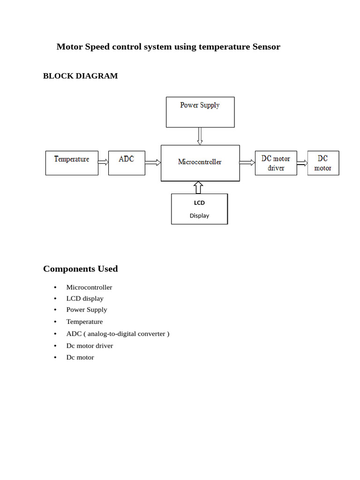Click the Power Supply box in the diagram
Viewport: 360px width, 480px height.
pyautogui.click(x=200, y=112)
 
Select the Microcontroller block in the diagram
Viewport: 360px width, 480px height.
pyautogui.click(x=200, y=163)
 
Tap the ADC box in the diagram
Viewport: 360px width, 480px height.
pyautogui.click(x=127, y=163)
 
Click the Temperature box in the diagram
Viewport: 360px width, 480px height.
pyautogui.click(x=72, y=163)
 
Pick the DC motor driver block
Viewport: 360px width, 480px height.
pyautogui.click(x=276, y=163)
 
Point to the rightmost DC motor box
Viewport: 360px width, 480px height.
pyautogui.click(x=323, y=163)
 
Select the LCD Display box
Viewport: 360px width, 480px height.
pyautogui.click(x=199, y=209)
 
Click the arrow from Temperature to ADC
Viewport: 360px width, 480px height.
pyautogui.click(x=103, y=162)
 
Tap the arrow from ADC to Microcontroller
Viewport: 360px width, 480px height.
pyautogui.click(x=153, y=163)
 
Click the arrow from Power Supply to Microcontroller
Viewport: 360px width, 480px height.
pyautogui.click(x=200, y=136)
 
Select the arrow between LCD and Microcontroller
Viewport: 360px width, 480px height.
pyautogui.click(x=198, y=187)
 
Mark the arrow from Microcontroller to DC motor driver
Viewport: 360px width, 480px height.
pyautogui.click(x=247, y=163)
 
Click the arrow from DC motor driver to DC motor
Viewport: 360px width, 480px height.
pyautogui.click(x=302, y=163)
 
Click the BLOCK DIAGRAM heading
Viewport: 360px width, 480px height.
pyautogui.click(x=80, y=76)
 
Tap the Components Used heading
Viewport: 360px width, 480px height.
pyautogui.click(x=80, y=269)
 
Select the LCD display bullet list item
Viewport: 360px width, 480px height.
pyautogui.click(x=85, y=299)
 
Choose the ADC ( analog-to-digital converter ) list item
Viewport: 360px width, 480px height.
pyautogui.click(x=118, y=334)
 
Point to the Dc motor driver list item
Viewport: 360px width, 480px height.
pyautogui.click(x=90, y=346)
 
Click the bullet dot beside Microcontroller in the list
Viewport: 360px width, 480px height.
pyautogui.click(x=55, y=287)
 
